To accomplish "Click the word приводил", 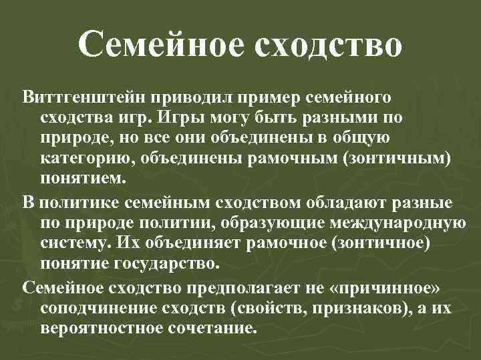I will (x=195, y=98).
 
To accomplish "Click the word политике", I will (x=86, y=202).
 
